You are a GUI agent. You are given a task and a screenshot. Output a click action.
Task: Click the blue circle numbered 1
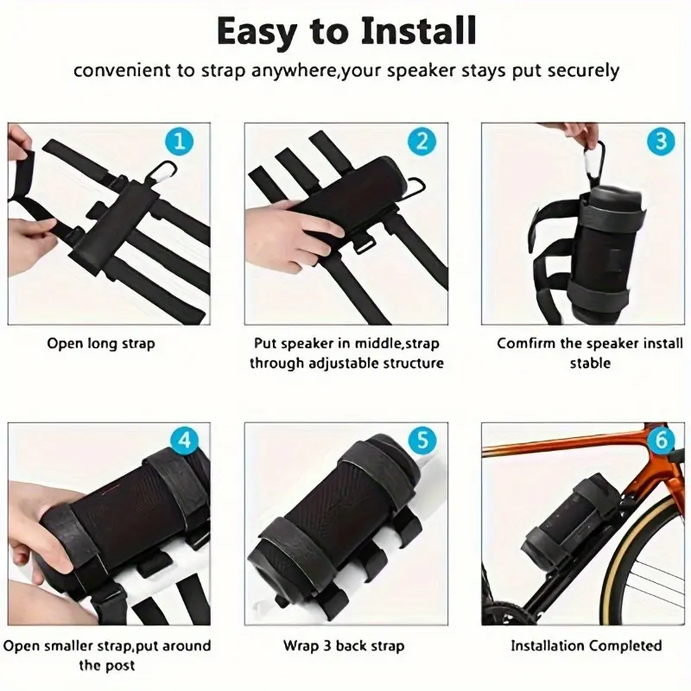[x=179, y=142]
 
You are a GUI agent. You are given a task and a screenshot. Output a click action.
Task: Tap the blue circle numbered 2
[x=422, y=142]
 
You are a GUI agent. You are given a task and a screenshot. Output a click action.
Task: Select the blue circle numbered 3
[x=661, y=142]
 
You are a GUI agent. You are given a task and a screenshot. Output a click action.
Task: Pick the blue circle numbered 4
[x=185, y=440]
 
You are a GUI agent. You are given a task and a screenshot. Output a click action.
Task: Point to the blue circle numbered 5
[x=422, y=440]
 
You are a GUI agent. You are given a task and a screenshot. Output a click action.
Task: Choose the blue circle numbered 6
[x=661, y=440]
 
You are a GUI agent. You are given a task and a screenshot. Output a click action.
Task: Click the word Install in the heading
[x=418, y=31]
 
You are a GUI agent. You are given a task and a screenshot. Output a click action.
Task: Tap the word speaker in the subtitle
[x=415, y=71]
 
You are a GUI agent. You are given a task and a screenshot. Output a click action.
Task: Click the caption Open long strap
[x=101, y=344]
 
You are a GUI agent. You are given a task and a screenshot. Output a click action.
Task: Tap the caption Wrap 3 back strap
[x=344, y=646]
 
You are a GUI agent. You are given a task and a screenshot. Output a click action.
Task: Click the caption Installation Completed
[x=586, y=646]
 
